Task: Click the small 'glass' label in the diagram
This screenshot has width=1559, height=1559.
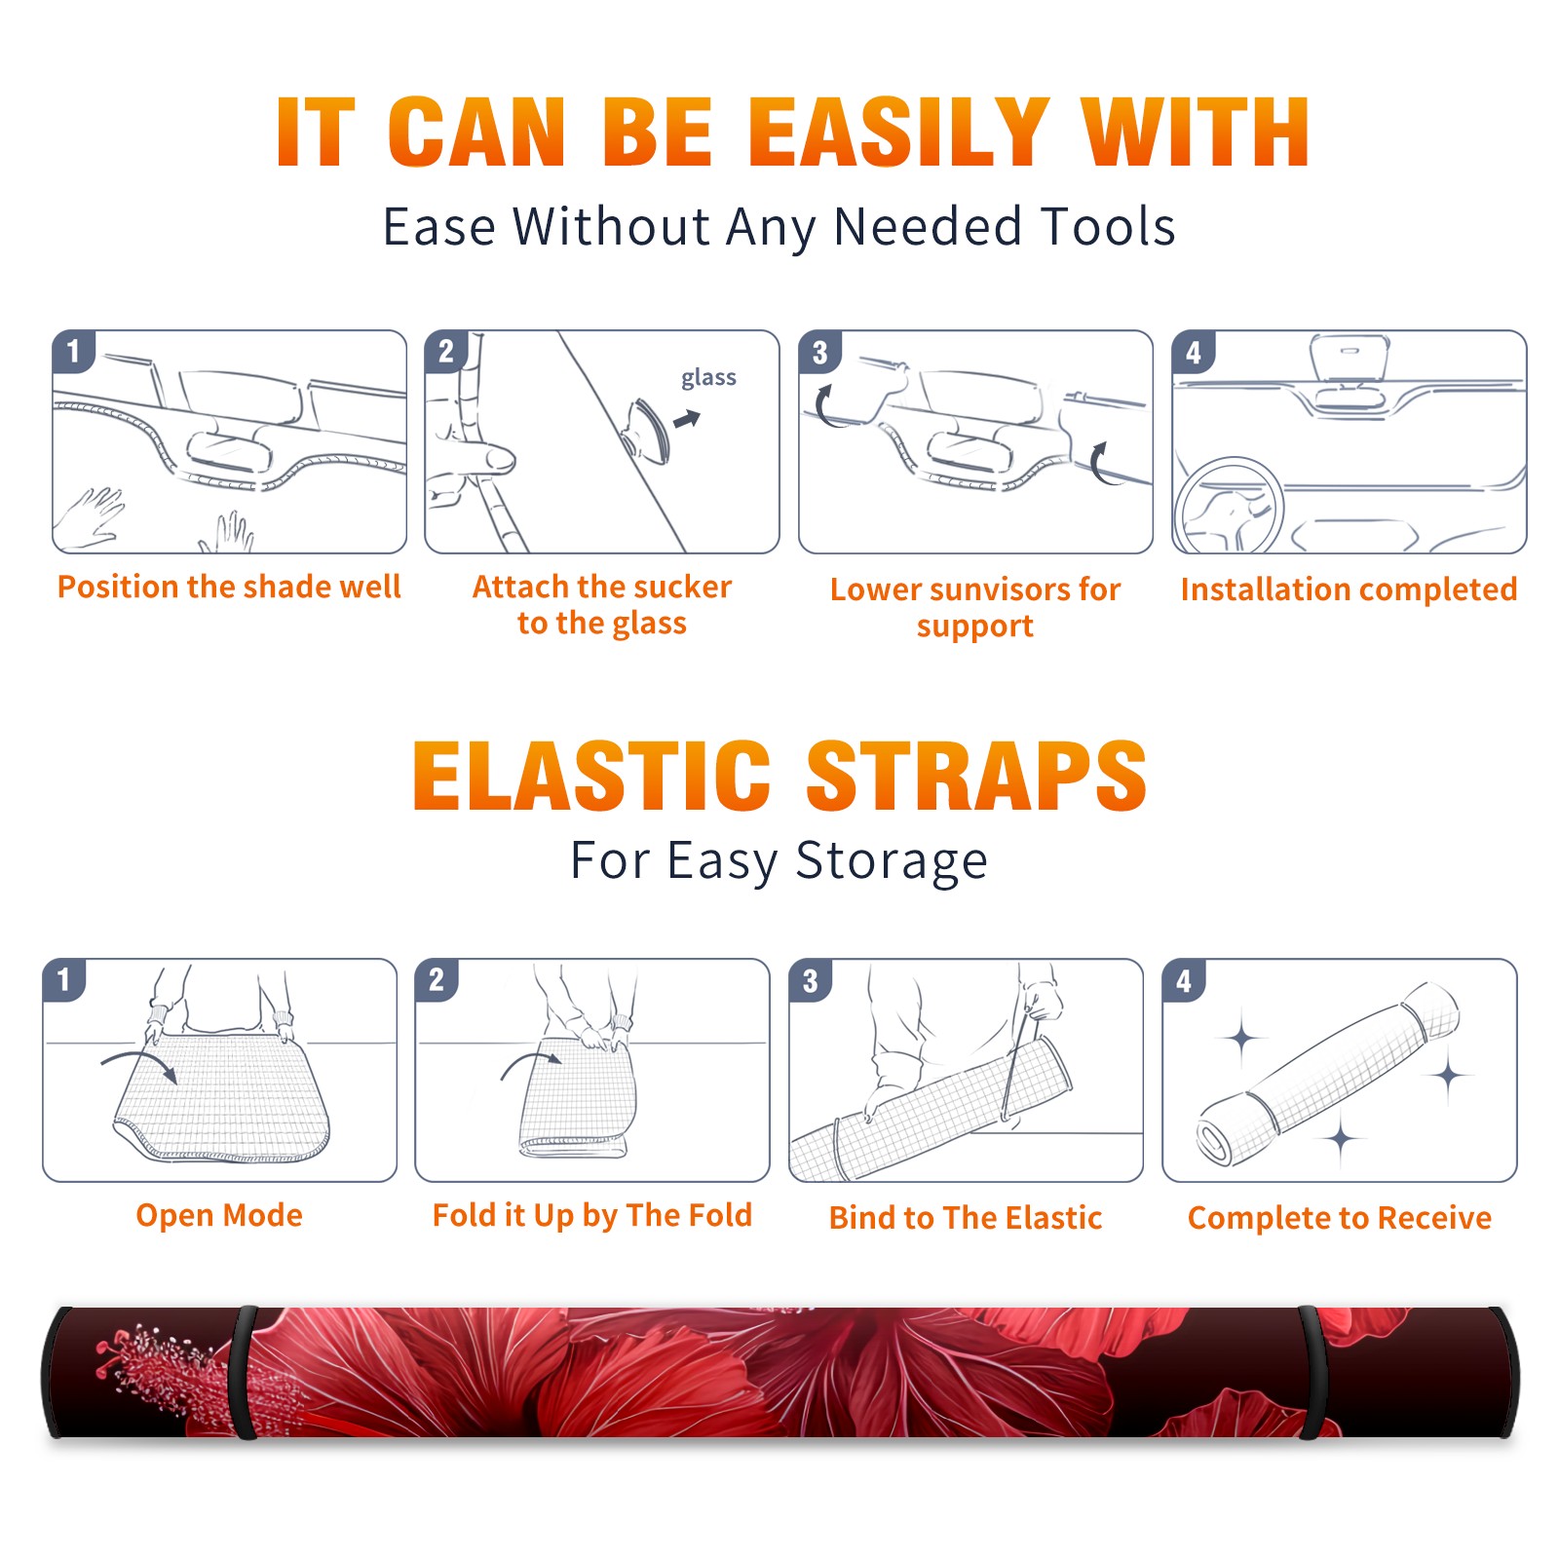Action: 708,377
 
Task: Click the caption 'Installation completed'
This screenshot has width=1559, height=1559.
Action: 1349,589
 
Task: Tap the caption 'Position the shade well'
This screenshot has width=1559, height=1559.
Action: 229,587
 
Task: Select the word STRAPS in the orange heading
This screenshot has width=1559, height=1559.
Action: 976,776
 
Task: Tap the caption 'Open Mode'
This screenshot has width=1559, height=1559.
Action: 219,1215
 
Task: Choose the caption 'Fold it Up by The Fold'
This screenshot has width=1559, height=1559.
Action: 592,1215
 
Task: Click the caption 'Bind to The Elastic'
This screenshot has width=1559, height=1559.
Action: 966,1218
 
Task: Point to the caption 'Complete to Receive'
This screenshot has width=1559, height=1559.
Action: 1340,1218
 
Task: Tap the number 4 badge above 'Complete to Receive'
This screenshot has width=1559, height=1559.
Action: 1184,980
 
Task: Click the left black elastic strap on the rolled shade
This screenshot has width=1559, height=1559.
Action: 246,1372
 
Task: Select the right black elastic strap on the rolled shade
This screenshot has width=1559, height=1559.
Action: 1313,1372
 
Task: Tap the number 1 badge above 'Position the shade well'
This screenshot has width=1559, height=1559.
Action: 73,352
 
